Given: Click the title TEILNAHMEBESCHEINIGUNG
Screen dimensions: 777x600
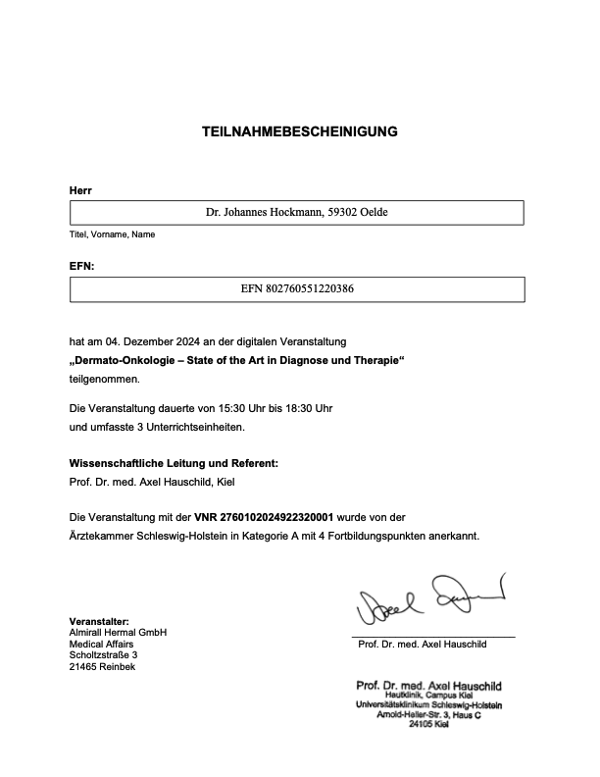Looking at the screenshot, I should (299, 131).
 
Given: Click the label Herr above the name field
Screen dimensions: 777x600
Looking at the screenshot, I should (79, 189).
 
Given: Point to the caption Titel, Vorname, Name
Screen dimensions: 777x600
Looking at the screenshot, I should (112, 234).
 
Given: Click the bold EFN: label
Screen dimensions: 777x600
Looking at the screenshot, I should (82, 265).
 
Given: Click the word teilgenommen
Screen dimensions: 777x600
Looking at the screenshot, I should (104, 378).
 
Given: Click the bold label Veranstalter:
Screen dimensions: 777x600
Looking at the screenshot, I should (99, 622).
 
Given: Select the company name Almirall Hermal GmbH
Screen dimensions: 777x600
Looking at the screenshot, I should (118, 633).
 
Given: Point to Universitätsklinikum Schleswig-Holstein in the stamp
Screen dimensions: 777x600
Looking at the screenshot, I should (428, 705).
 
